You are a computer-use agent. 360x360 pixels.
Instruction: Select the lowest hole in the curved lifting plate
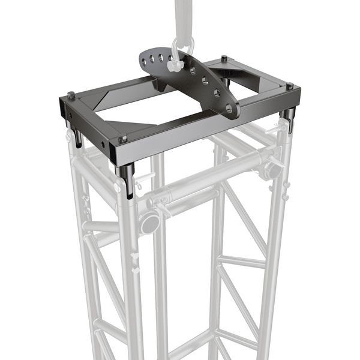(x=229, y=109)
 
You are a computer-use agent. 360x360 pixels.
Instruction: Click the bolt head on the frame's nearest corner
(x=124, y=139)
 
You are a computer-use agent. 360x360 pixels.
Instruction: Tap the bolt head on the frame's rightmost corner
(x=289, y=86)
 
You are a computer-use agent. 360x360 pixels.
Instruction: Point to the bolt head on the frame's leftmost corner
(x=71, y=95)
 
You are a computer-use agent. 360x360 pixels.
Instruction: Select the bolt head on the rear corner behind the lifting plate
(x=224, y=59)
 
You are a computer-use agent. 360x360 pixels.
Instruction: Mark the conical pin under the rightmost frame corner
(x=290, y=121)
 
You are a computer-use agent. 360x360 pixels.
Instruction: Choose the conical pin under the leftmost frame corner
(x=77, y=139)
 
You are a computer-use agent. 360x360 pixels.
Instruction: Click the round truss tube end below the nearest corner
(x=149, y=224)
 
